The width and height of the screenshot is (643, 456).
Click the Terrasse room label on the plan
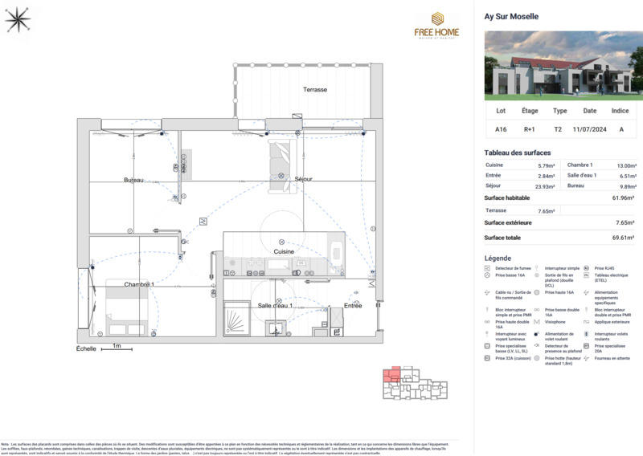[314, 90]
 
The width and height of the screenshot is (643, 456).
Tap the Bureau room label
[133, 180]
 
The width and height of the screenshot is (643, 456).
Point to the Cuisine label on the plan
[283, 251]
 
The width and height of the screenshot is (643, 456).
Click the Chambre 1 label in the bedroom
[139, 284]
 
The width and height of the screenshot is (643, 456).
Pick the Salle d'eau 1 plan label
[274, 305]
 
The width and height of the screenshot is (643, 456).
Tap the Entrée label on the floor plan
[353, 305]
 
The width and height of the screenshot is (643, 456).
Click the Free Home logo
[437, 25]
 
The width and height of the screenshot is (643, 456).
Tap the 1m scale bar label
[117, 347]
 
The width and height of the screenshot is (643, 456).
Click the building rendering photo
[558, 65]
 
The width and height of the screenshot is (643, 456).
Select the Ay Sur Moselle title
[511, 16]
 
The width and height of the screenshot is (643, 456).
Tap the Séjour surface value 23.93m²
[546, 185]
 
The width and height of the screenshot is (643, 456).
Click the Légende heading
[498, 258]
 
